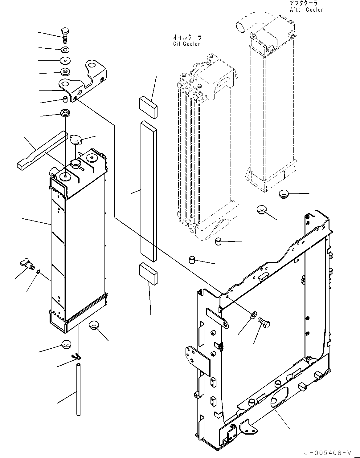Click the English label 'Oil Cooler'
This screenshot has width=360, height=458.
(x=186, y=44)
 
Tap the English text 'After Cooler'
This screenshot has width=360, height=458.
(x=306, y=10)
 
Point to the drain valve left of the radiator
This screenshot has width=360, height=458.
(x=27, y=264)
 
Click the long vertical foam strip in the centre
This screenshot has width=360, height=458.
(x=149, y=191)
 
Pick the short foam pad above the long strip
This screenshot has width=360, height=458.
(x=148, y=107)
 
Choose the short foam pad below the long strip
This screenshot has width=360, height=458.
(x=148, y=274)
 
